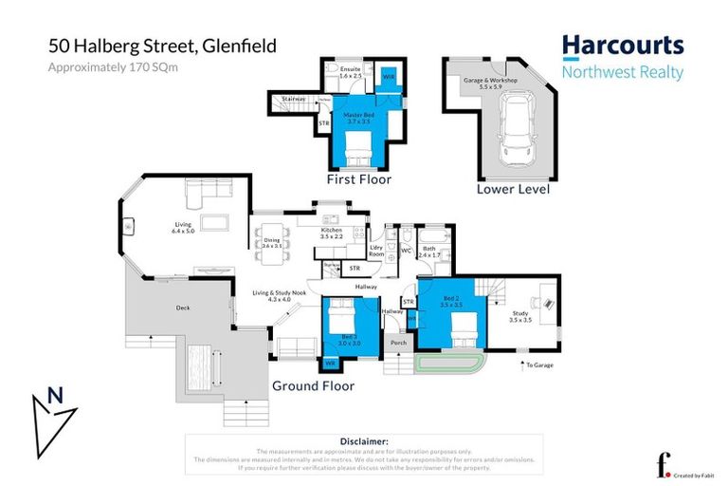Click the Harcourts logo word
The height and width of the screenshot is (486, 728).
pyautogui.click(x=622, y=46)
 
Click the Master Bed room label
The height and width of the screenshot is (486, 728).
pyautogui.click(x=357, y=118)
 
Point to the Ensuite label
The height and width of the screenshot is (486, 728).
pyautogui.click(x=350, y=71)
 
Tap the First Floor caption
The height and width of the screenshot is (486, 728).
pyautogui.click(x=358, y=179)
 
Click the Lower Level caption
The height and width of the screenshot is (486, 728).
pyautogui.click(x=512, y=189)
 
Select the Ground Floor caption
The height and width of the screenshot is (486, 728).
pyautogui.click(x=313, y=386)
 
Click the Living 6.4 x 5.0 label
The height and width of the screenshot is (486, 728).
pyautogui.click(x=182, y=228)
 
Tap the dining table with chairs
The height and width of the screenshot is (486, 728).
pyautogui.click(x=270, y=249)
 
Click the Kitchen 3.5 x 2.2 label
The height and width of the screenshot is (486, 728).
pyautogui.click(x=331, y=233)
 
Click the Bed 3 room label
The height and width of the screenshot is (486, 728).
pyautogui.click(x=350, y=341)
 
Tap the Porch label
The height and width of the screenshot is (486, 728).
pyautogui.click(x=398, y=343)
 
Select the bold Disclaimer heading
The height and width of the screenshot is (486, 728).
pyautogui.click(x=364, y=441)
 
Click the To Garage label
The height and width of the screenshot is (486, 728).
pyautogui.click(x=538, y=364)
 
